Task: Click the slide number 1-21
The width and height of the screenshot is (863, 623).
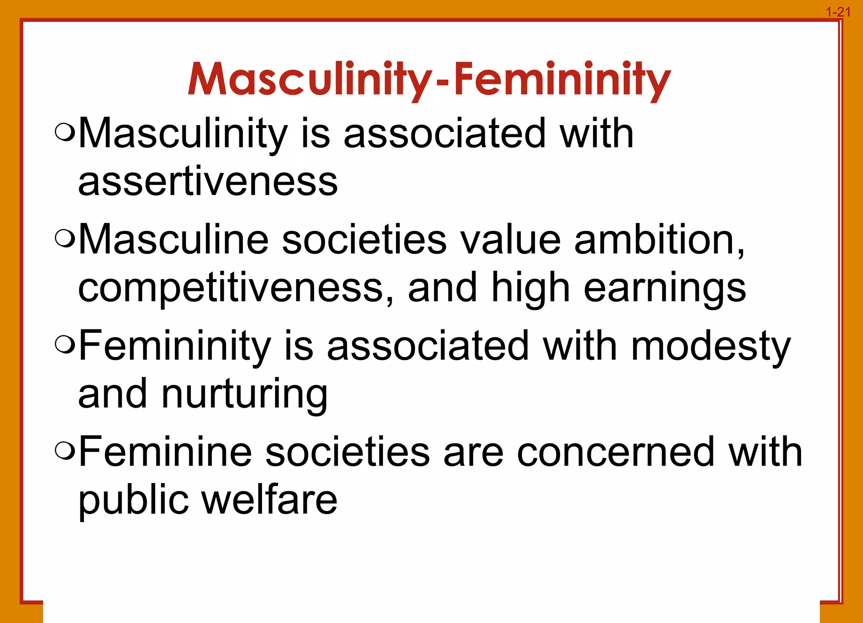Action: (x=838, y=12)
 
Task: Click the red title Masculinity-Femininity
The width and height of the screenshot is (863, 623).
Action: (x=429, y=80)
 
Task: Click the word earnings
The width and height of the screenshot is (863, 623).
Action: (x=665, y=289)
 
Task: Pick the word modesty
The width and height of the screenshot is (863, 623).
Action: (x=710, y=346)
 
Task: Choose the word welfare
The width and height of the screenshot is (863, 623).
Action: (x=270, y=500)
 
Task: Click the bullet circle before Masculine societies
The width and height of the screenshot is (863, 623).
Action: (x=65, y=239)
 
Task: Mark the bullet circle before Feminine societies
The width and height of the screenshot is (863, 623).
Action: (x=65, y=452)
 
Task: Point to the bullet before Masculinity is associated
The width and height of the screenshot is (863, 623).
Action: (x=65, y=133)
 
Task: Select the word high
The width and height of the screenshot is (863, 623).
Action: (x=531, y=289)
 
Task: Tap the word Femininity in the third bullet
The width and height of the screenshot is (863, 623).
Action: (x=175, y=346)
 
